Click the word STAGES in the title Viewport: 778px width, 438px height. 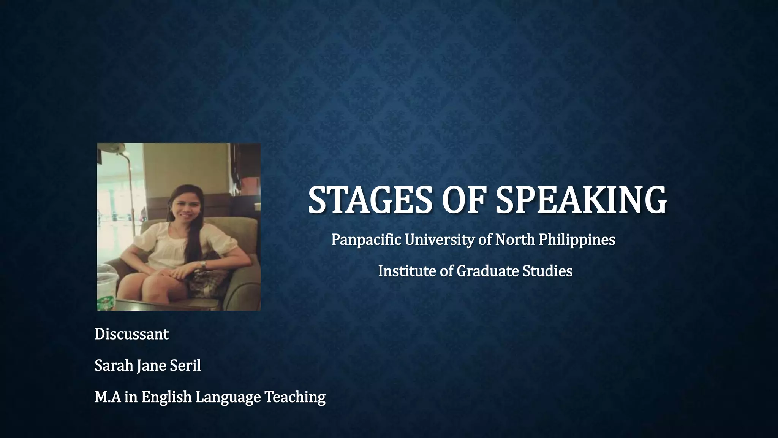pyautogui.click(x=370, y=200)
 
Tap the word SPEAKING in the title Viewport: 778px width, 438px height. pyautogui.click(x=581, y=200)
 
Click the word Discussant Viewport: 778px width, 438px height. pyautogui.click(x=131, y=334)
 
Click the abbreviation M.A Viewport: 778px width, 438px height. pyautogui.click(x=108, y=397)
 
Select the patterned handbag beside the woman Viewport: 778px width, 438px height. pyautogui.click(x=207, y=279)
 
